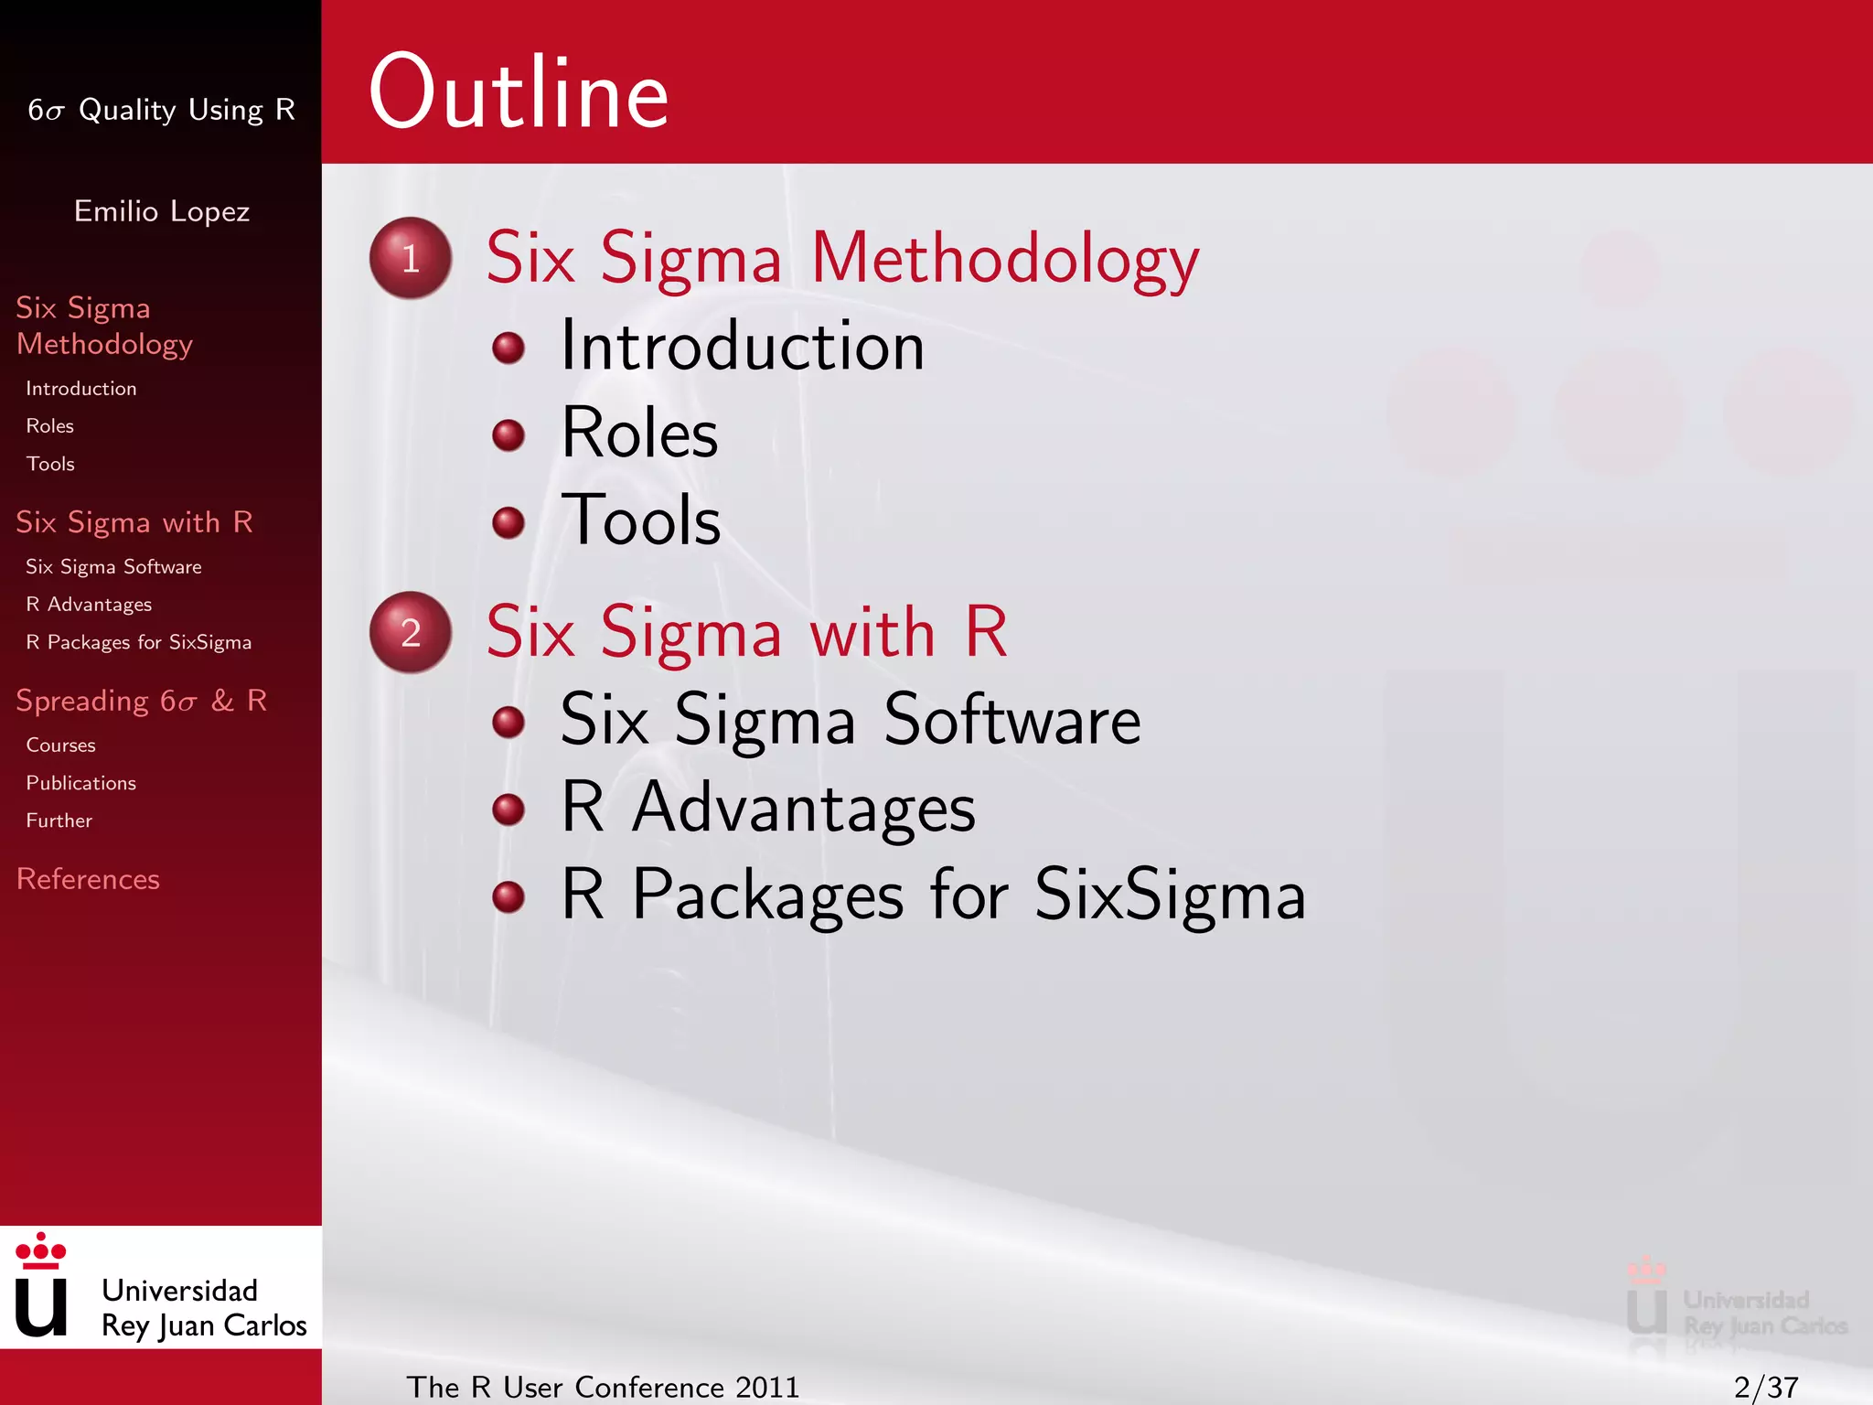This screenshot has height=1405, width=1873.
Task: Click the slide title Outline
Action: (x=519, y=92)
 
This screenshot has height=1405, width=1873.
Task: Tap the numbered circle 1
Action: (x=411, y=258)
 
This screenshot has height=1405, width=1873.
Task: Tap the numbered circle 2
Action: (x=411, y=632)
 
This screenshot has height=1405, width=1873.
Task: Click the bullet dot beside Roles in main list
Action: (x=508, y=434)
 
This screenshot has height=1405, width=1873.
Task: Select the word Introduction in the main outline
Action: (x=742, y=347)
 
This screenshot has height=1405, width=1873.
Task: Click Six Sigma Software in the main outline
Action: (x=850, y=720)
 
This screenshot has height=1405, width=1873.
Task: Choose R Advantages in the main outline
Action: (x=767, y=808)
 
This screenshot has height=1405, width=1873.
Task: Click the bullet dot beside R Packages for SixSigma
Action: (x=508, y=896)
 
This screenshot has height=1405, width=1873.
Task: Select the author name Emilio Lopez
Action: (x=162, y=211)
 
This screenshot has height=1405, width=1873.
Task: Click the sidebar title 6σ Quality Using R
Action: (x=162, y=110)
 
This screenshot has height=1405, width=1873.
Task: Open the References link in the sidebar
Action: (x=88, y=879)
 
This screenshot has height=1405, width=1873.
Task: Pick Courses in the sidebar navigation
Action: (x=60, y=745)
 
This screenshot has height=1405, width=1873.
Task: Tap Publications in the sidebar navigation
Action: (x=80, y=783)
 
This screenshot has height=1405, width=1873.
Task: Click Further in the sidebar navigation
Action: (x=59, y=820)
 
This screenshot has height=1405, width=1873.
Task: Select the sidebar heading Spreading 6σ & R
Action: (x=142, y=701)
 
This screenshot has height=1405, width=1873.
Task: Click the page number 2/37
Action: (x=1766, y=1387)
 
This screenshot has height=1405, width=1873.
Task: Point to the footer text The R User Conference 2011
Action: (x=603, y=1387)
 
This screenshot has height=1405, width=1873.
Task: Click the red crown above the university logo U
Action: (x=41, y=1251)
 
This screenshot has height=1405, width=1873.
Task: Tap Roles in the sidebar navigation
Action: (x=49, y=426)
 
